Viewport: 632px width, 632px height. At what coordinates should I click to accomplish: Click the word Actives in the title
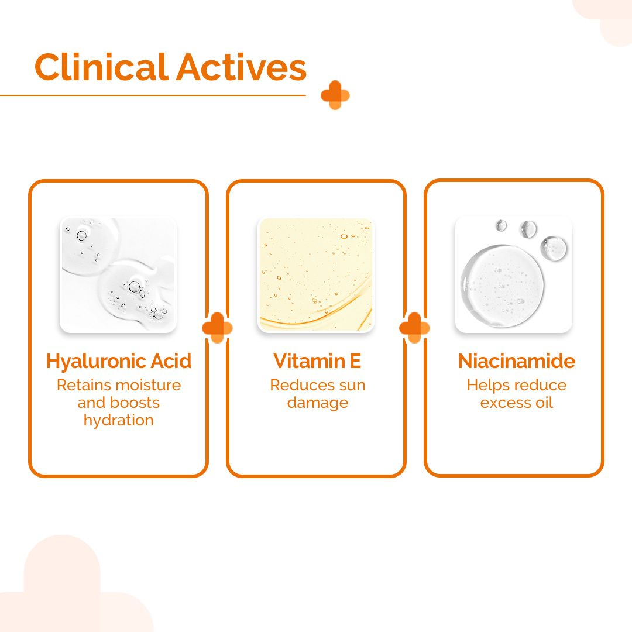click(x=241, y=67)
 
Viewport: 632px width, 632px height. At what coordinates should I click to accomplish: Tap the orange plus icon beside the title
click(x=335, y=95)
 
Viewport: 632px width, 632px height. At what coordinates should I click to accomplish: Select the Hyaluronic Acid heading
click(x=119, y=361)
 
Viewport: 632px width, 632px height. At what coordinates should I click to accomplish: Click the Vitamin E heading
click(x=317, y=361)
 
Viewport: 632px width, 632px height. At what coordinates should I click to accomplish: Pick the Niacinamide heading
click(x=516, y=361)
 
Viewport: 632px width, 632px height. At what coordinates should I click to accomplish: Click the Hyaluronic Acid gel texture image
click(x=118, y=275)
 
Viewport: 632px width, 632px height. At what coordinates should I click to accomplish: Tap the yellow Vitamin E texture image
click(x=316, y=275)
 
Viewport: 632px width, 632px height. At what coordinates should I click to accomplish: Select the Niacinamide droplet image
click(x=514, y=275)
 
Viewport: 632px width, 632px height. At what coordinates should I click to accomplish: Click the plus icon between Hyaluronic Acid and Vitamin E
click(x=217, y=328)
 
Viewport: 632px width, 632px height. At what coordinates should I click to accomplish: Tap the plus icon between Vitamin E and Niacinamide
click(x=414, y=328)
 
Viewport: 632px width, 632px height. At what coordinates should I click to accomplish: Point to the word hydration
click(x=119, y=420)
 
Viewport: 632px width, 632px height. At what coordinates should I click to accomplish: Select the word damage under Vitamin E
click(x=317, y=403)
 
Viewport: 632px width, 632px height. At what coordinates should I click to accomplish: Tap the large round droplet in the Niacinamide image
click(x=502, y=285)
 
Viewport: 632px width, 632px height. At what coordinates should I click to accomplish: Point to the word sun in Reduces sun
click(x=351, y=385)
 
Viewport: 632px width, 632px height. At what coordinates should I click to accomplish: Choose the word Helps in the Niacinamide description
click(x=485, y=385)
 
